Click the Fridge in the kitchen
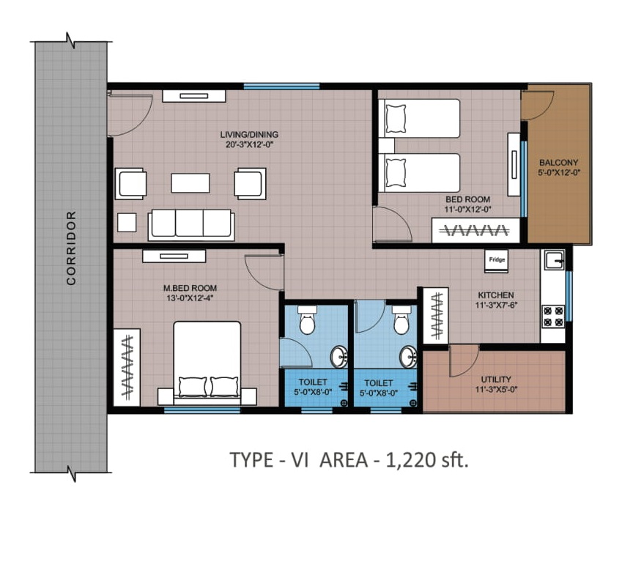(496, 261)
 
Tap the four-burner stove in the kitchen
(553, 317)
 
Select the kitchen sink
(554, 260)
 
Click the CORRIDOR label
(72, 248)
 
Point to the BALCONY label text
(558, 163)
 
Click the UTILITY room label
(496, 380)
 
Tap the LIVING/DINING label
(249, 134)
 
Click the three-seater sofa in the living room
(191, 224)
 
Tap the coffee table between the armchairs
(190, 182)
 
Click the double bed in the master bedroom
(207, 361)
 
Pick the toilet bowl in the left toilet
(307, 319)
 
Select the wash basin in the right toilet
(409, 357)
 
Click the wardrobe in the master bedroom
(127, 367)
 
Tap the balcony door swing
(538, 106)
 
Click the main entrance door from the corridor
(130, 115)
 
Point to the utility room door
(464, 361)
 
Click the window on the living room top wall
(281, 86)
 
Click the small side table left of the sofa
(127, 223)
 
